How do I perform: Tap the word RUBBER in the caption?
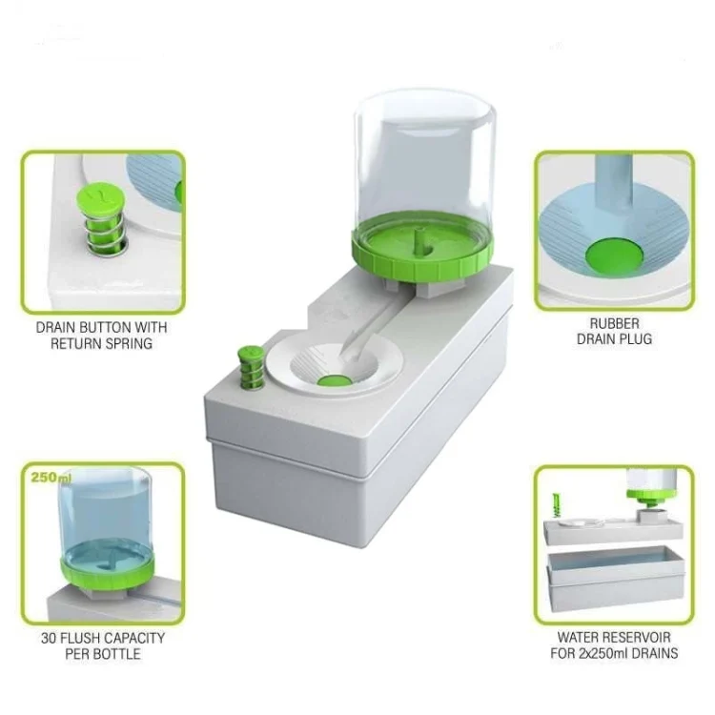click(614, 323)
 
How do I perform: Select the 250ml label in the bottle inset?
click(51, 478)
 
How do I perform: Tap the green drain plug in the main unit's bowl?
click(335, 380)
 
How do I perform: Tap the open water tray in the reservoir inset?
click(616, 579)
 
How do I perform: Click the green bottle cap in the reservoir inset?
click(648, 497)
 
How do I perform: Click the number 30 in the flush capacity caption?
click(49, 638)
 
